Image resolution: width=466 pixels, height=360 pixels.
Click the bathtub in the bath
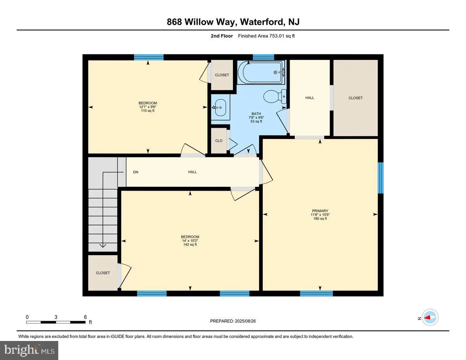(x=261, y=72)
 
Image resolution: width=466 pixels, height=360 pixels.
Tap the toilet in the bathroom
(x=274, y=96)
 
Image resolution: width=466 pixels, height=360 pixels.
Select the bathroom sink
(x=220, y=107)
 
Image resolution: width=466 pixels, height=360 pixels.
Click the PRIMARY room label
(x=320, y=211)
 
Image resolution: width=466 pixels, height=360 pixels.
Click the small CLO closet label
(x=219, y=141)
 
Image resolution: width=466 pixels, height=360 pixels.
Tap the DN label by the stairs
(x=136, y=172)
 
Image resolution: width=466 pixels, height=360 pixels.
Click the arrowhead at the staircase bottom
(x=103, y=245)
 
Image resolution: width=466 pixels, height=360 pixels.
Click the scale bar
(x=56, y=322)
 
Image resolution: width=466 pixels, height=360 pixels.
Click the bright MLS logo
(x=30, y=350)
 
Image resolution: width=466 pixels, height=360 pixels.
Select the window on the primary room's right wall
(x=381, y=178)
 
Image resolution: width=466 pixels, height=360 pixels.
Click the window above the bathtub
(x=263, y=57)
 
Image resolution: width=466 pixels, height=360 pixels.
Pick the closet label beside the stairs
(x=103, y=273)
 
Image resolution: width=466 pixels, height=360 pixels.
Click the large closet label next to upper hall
(x=355, y=98)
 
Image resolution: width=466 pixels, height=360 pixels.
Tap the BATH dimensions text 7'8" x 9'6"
(x=256, y=117)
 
